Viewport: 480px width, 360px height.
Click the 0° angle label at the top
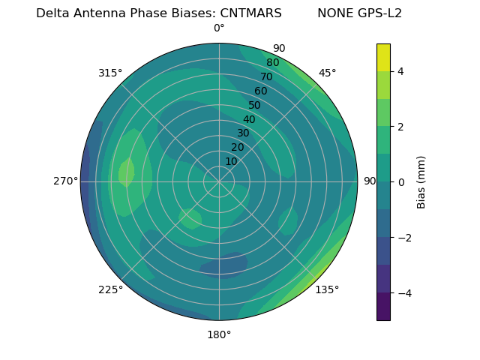tap(219, 28)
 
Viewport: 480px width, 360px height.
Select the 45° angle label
tap(327, 73)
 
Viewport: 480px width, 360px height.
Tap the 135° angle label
tap(327, 289)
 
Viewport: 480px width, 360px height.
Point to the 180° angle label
tap(219, 334)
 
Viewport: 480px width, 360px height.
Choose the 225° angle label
tap(110, 290)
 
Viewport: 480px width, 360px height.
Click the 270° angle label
tap(65, 181)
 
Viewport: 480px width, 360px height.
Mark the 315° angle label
tap(110, 73)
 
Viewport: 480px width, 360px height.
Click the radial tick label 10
tap(231, 161)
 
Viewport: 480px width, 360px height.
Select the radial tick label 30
tap(243, 133)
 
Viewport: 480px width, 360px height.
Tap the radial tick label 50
tap(255, 106)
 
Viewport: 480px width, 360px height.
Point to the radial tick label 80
tap(273, 63)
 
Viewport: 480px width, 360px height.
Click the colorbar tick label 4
tap(401, 71)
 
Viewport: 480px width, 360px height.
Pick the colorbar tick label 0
tap(401, 181)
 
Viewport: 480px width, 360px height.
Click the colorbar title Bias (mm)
tap(421, 181)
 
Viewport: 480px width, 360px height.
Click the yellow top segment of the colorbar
tap(383, 58)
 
